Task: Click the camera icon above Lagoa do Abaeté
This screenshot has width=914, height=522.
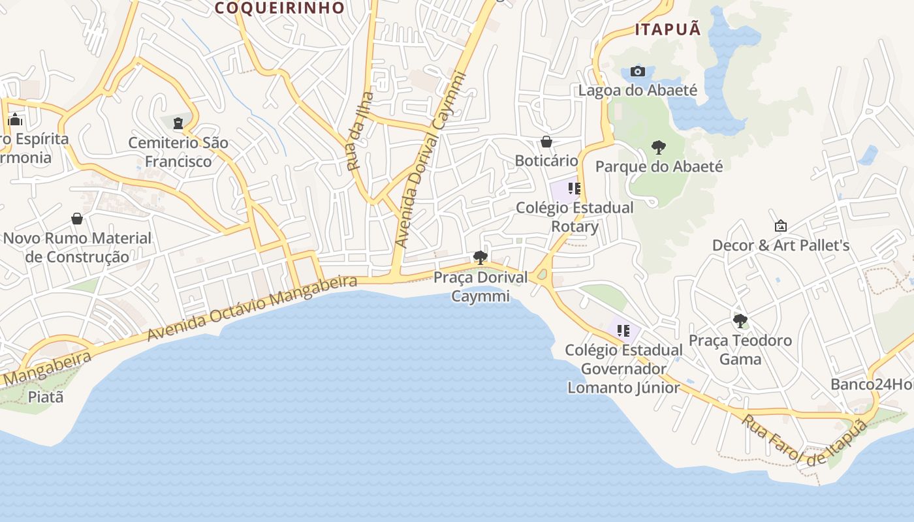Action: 638,71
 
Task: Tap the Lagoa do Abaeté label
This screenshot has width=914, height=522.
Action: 638,91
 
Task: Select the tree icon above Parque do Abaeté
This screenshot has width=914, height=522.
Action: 658,147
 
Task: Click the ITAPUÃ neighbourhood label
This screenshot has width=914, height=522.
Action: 668,29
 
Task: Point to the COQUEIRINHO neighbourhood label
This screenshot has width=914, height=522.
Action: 279,8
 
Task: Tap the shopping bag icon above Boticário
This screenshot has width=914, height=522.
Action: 546,142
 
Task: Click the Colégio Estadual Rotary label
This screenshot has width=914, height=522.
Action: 575,217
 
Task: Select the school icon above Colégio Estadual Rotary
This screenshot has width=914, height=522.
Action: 574,189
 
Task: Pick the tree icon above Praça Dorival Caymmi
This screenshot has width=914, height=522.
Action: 481,258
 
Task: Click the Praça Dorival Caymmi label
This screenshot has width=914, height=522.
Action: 481,286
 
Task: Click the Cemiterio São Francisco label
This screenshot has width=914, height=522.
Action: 178,152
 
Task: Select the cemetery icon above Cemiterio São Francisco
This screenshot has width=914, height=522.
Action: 178,123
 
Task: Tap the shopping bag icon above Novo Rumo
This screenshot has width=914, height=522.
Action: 77,219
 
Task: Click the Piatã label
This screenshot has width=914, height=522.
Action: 46,396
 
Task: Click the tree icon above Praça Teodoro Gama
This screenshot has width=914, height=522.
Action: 740,321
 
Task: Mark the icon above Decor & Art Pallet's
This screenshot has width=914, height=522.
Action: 780,226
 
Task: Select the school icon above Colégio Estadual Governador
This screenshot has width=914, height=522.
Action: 623,331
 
